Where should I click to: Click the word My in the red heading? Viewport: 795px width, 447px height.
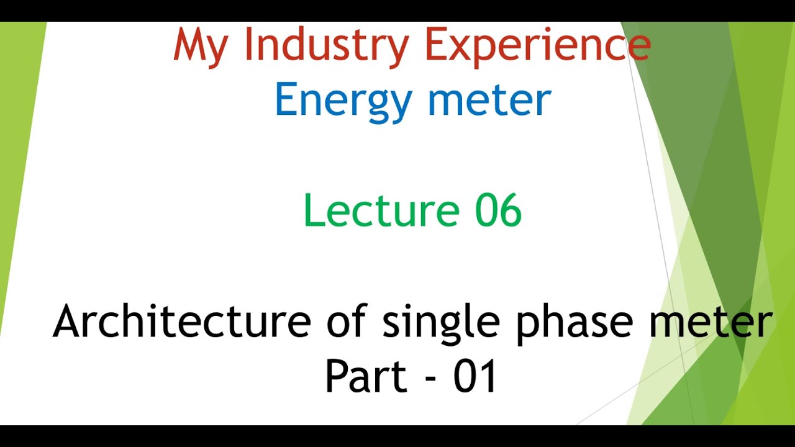point(201,47)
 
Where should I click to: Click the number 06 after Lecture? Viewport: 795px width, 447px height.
point(498,210)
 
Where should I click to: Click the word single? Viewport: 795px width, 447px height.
point(440,323)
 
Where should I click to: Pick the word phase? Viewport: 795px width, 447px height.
point(575,323)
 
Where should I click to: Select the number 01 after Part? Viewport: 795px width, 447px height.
point(475,376)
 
